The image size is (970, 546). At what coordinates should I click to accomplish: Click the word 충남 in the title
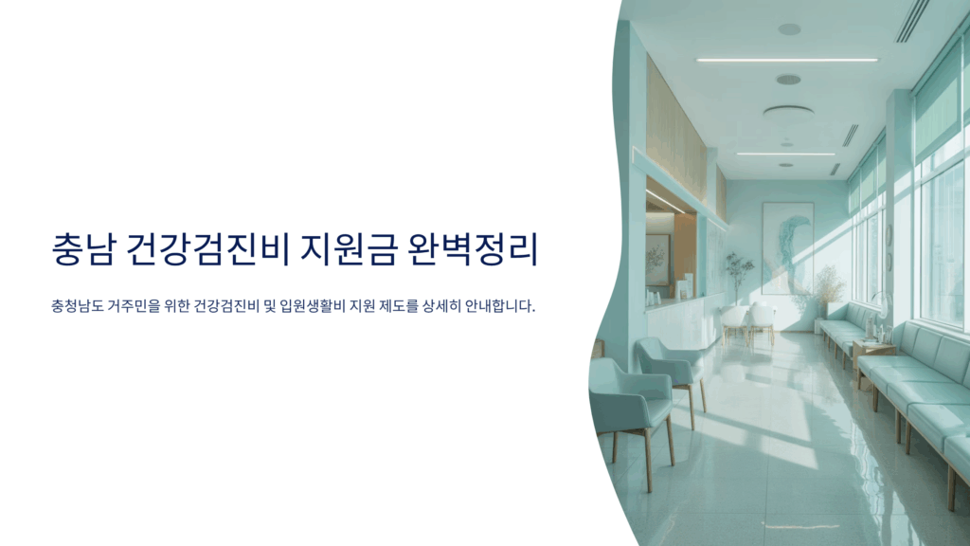pyautogui.click(x=83, y=249)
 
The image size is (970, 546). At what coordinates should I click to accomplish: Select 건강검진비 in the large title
pyautogui.click(x=207, y=249)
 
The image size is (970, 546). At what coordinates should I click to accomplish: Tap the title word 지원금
pyautogui.click(x=349, y=249)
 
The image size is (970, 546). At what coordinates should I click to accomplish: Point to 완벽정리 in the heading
pyautogui.click(x=473, y=249)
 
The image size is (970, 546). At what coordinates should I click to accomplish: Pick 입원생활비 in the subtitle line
pyautogui.click(x=313, y=306)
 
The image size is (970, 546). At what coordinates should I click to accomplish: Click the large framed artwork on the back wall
pyautogui.click(x=787, y=248)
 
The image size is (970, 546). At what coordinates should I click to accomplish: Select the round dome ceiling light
pyautogui.click(x=788, y=113)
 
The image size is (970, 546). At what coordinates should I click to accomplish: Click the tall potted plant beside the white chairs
pyautogui.click(x=737, y=279)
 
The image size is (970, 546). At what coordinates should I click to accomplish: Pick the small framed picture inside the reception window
pyautogui.click(x=657, y=260)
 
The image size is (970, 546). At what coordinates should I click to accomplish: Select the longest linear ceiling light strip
pyautogui.click(x=787, y=60)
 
